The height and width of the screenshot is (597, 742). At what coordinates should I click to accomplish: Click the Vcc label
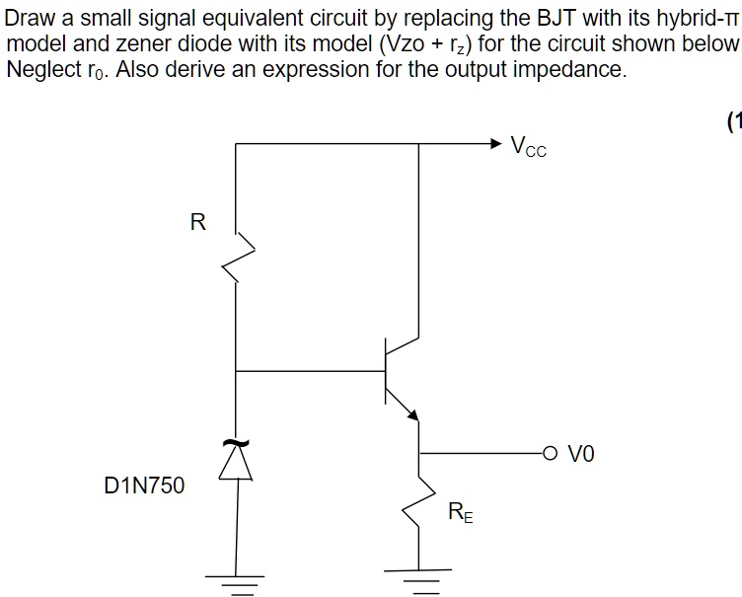pos(529,148)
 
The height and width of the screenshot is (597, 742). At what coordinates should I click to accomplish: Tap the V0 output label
pos(582,455)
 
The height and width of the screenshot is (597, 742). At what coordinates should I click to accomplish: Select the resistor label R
pos(197,223)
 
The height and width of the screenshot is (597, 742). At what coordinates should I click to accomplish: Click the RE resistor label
pos(460,511)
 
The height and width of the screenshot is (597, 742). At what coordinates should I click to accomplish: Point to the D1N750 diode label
pos(144,485)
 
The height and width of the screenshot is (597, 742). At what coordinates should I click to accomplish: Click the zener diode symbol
pos(236,460)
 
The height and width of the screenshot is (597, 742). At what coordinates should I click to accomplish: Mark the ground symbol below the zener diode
pos(235,581)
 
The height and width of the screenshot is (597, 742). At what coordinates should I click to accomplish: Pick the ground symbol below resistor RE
pos(418,577)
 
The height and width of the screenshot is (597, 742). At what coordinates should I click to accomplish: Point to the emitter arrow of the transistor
pos(411,411)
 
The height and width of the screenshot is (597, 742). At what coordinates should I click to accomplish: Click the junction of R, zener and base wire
pos(236,372)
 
